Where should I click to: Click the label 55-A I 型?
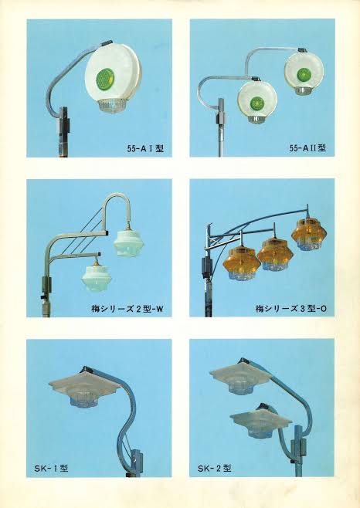tap(145, 149)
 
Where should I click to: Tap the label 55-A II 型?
tap(307, 148)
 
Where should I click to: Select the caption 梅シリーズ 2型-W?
tap(127, 309)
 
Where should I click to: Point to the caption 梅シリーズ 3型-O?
tap(291, 309)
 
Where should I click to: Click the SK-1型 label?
tap(51, 468)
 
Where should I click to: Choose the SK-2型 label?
tap(215, 468)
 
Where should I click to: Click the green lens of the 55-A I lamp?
tap(106, 79)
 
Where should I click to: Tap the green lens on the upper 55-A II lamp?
tap(304, 74)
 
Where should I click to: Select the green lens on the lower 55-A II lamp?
tap(257, 103)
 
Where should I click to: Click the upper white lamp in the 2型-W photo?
tap(128, 245)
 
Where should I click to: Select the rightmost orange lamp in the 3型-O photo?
tap(309, 234)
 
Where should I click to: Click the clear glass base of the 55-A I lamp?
tap(111, 107)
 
